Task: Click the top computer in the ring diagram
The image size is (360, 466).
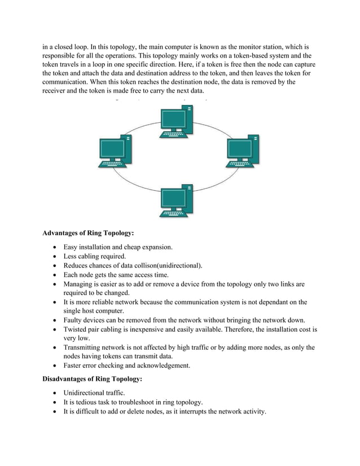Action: [178, 122]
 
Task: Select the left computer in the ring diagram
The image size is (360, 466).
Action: [115, 151]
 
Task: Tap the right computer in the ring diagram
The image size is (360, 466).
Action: [242, 151]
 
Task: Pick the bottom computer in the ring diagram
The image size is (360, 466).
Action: [178, 201]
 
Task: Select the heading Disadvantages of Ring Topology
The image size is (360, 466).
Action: [93, 380]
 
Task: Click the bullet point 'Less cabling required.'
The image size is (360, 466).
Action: [94, 256]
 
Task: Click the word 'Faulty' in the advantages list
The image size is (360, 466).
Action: [74, 320]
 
